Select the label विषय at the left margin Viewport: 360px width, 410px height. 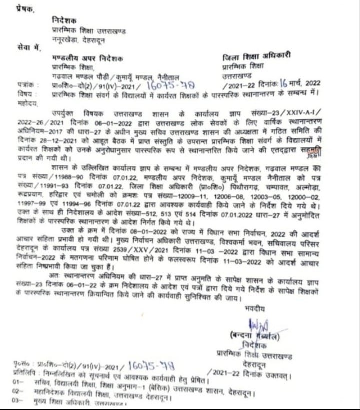click(23, 94)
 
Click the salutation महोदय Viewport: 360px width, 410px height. click(24, 101)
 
